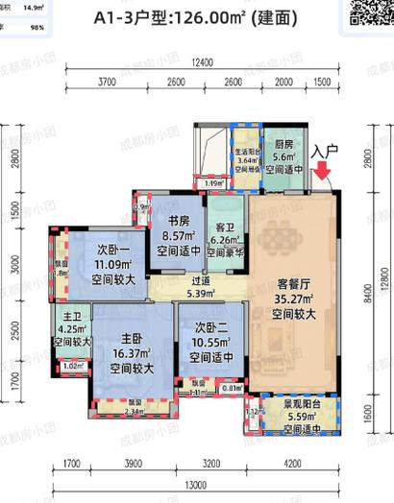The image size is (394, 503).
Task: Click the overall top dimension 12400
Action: (x=201, y=62)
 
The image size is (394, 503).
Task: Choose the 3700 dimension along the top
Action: (x=107, y=84)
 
